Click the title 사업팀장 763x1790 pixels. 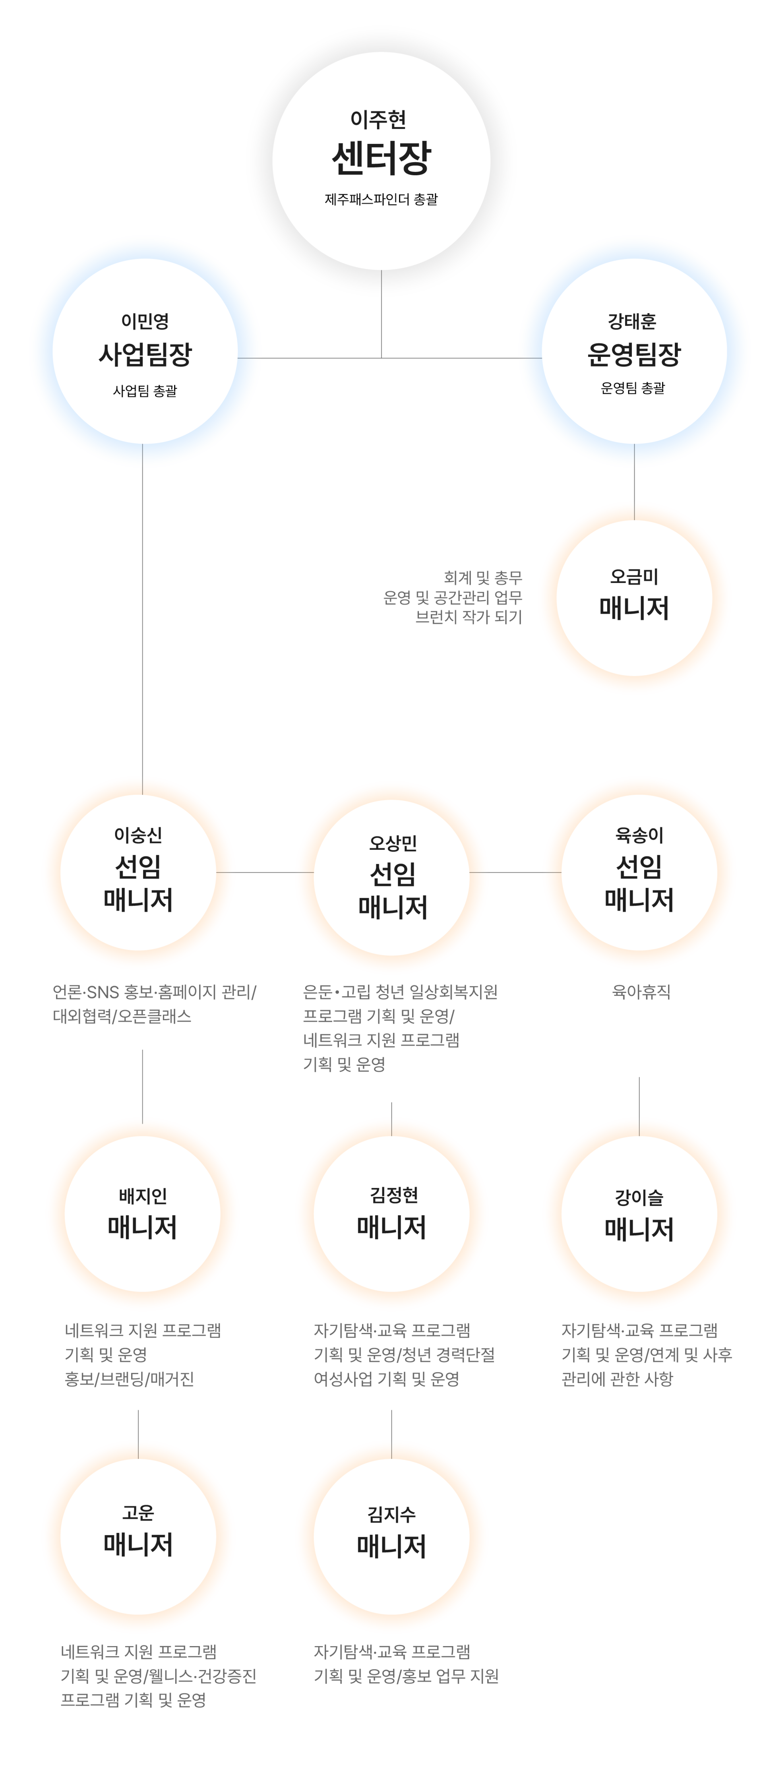145,355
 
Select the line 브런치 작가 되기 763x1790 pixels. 469,617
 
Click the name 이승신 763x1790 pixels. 138,835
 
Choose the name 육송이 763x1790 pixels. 639,835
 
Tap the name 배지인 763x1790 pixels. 142,1195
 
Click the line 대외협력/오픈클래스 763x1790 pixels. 122,1016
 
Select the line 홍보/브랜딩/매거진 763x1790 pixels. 129,1379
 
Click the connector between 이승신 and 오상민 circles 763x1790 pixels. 265,872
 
